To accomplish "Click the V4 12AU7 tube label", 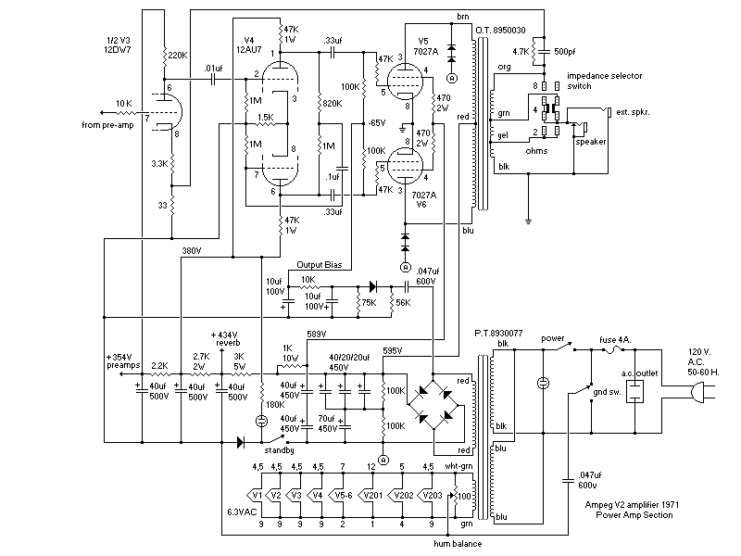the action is click(x=249, y=44).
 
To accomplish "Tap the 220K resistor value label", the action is click(x=178, y=56).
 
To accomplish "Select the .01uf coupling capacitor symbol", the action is click(x=214, y=80).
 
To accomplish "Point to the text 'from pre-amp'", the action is click(x=107, y=125).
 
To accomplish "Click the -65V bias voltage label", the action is click(x=376, y=123).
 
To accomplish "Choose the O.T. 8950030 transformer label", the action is click(x=500, y=31).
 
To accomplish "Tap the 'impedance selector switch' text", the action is click(x=605, y=81).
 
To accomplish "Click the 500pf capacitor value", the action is click(x=564, y=52).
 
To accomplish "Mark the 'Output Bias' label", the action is click(x=319, y=265).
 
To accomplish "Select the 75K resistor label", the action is click(x=369, y=303).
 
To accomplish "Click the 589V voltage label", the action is click(x=316, y=335).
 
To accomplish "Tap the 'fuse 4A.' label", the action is click(x=615, y=340).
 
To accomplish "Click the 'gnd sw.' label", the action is click(x=607, y=391).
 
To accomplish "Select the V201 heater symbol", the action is click(x=370, y=496).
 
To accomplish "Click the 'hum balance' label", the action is click(x=458, y=544).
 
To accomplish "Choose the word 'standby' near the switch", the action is click(x=280, y=450).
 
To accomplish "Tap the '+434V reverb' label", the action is click(x=225, y=338).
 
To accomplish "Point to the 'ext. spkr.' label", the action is click(x=633, y=112).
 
